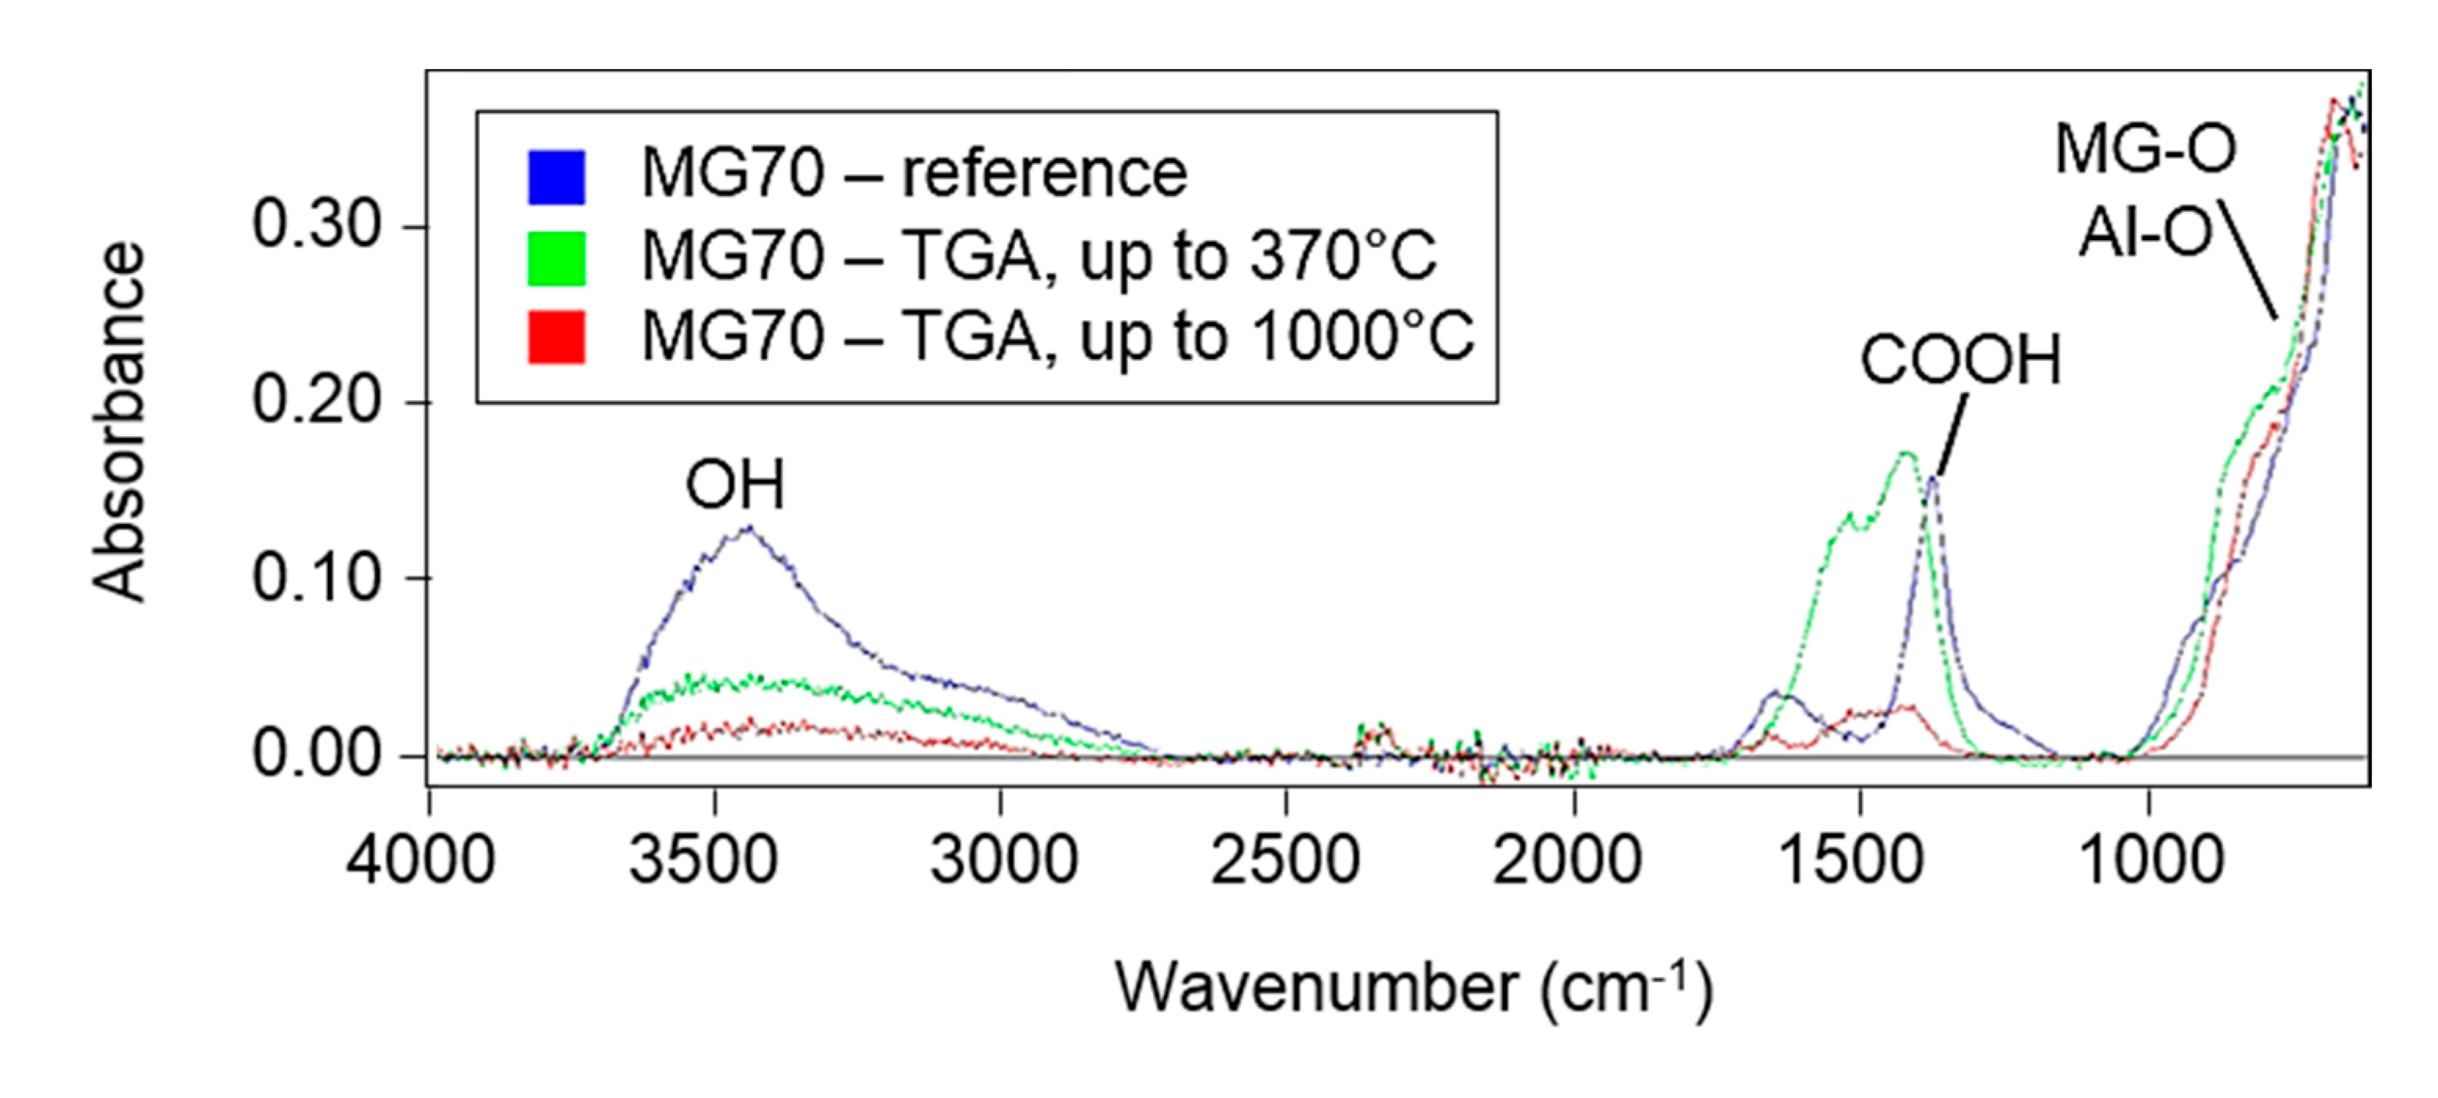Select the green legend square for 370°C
click(555, 257)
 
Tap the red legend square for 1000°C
click(555, 337)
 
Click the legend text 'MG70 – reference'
click(913, 173)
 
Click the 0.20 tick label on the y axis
click(316, 402)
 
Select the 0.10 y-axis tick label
click(316, 577)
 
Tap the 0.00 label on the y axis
click(316, 755)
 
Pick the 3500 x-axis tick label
click(703, 860)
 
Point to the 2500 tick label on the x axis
click(1284, 860)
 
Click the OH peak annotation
click(734, 485)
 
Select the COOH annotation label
click(1960, 361)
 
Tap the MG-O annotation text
click(2145, 150)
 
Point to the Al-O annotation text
click(2144, 233)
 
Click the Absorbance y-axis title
click(119, 422)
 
